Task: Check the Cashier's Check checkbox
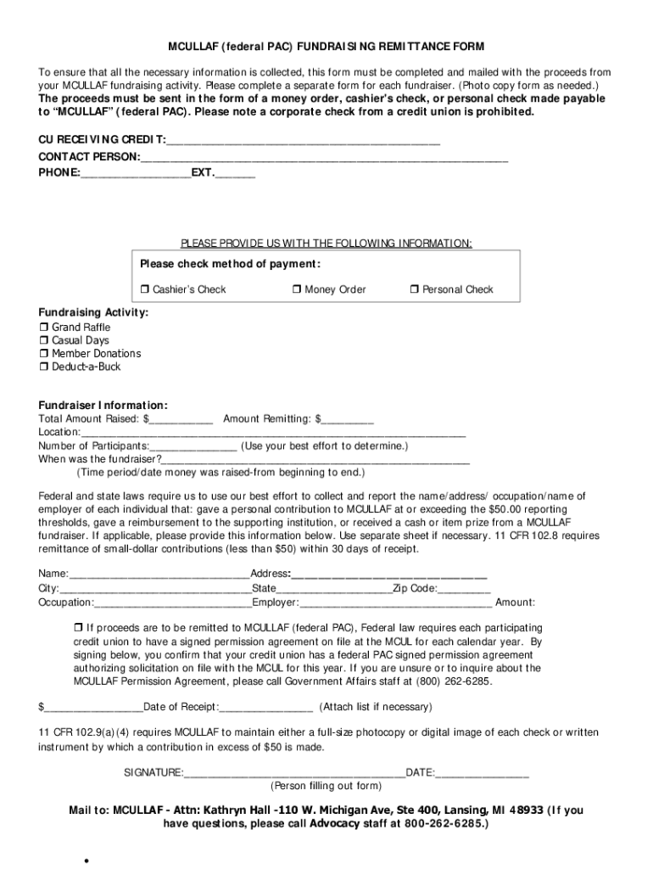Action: [145, 290]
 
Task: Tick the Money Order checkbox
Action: [297, 290]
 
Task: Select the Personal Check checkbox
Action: [415, 290]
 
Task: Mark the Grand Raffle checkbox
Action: [44, 328]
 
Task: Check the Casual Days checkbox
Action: [44, 341]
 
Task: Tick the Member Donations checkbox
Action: [44, 354]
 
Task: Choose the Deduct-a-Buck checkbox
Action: [44, 367]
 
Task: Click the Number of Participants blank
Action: [193, 446]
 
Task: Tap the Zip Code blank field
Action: [464, 589]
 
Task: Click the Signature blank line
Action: [294, 773]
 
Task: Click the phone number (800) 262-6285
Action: [457, 681]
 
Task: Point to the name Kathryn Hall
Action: [239, 810]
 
